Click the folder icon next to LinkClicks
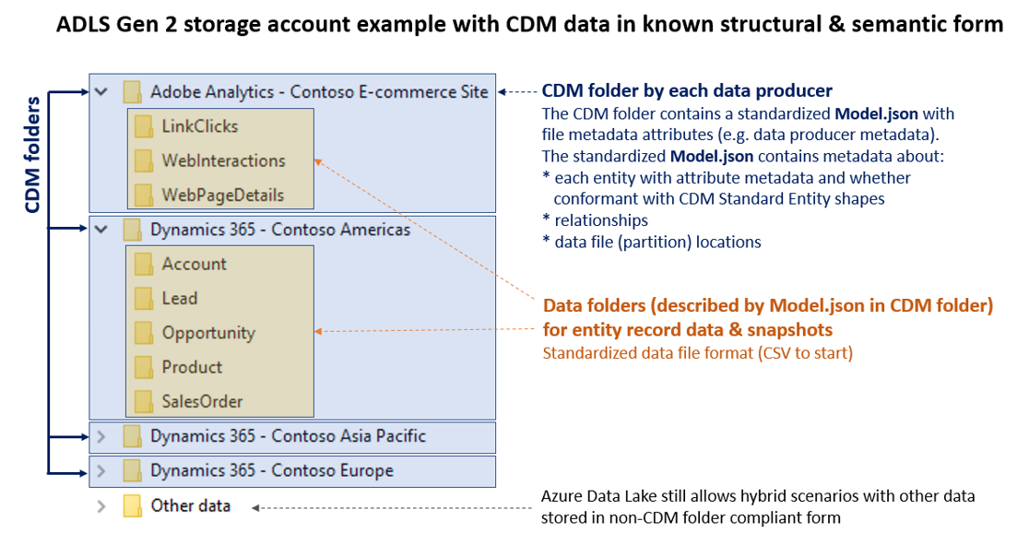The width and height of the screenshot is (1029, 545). [143, 126]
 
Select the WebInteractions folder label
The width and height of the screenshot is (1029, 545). [223, 160]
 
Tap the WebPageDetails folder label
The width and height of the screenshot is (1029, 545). [222, 195]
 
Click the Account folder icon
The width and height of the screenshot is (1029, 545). [143, 265]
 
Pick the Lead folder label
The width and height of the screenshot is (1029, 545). [180, 298]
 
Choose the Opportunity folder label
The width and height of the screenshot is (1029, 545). [208, 333]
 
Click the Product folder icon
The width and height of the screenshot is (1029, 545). [143, 367]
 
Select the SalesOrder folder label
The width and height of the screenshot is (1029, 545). [202, 401]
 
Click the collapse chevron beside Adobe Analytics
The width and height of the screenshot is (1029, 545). [101, 92]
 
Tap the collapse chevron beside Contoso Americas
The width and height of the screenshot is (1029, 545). [101, 230]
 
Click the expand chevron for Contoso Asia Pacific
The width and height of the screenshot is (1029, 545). [101, 436]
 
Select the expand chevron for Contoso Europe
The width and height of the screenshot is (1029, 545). [101, 471]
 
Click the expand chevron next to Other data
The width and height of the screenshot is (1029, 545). [101, 506]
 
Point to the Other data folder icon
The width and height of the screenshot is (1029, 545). [133, 506]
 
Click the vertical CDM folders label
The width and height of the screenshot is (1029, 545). [32, 154]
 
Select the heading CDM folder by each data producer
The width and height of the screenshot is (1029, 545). [687, 90]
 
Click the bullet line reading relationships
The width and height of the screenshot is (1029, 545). [600, 220]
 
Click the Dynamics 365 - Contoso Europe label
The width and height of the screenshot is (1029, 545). [272, 470]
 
